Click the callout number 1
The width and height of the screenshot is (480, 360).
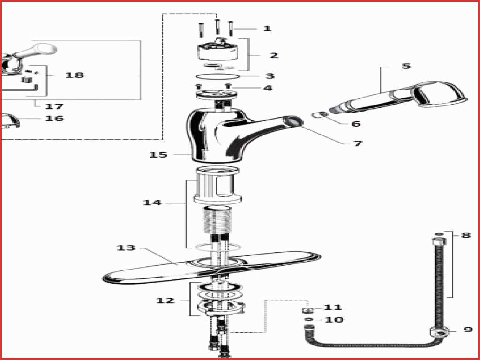[x=267, y=29]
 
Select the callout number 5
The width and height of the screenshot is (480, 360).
[x=406, y=66]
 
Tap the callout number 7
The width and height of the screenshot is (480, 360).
[x=358, y=143]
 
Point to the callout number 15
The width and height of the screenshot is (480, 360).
[x=158, y=155]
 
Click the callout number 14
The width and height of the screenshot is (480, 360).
[x=152, y=202]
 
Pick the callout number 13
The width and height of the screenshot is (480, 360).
[x=126, y=247]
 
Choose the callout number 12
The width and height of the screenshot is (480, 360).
[x=165, y=300]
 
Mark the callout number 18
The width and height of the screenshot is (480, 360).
[x=75, y=75]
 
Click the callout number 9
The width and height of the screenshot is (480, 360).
[x=468, y=330]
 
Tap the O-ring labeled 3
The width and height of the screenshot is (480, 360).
[x=217, y=76]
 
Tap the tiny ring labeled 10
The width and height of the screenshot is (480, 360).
[x=307, y=320]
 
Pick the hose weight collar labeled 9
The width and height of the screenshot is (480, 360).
[x=439, y=332]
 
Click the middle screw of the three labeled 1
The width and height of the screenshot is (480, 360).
[x=217, y=26]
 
